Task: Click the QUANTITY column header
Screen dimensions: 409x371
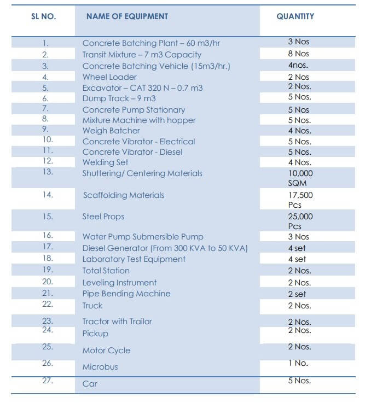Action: tap(295, 16)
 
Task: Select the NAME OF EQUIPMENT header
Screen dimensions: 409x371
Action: tap(127, 16)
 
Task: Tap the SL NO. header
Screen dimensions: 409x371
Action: tap(44, 16)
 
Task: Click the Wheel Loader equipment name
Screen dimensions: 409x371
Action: tap(109, 77)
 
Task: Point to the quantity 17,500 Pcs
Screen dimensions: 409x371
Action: tap(300, 200)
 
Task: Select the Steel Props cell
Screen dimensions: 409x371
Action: tap(103, 217)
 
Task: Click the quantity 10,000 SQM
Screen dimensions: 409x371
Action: tap(300, 178)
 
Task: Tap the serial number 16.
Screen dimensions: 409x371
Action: tap(48, 236)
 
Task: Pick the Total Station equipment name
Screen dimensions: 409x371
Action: tap(106, 271)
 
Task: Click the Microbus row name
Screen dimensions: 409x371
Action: tap(100, 367)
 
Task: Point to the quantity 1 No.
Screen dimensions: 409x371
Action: tap(298, 363)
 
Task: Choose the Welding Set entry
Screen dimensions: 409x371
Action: tap(105, 162)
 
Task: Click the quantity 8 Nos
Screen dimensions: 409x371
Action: tap(298, 54)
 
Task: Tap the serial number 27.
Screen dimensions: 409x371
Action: tap(48, 381)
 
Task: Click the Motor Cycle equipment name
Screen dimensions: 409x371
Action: tap(106, 350)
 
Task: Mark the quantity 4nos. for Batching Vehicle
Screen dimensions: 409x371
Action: tap(298, 65)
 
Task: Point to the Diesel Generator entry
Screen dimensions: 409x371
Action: tap(165, 248)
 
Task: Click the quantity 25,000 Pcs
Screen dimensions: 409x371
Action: tap(300, 221)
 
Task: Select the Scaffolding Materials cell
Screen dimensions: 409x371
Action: tap(123, 195)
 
